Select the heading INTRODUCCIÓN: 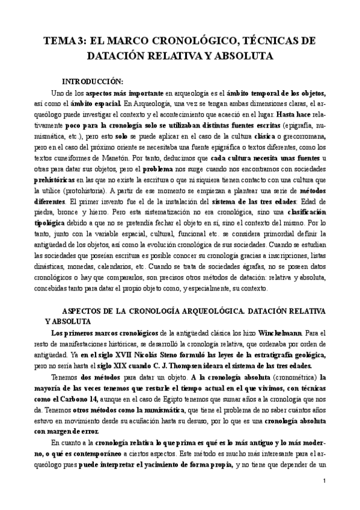(96, 81)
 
